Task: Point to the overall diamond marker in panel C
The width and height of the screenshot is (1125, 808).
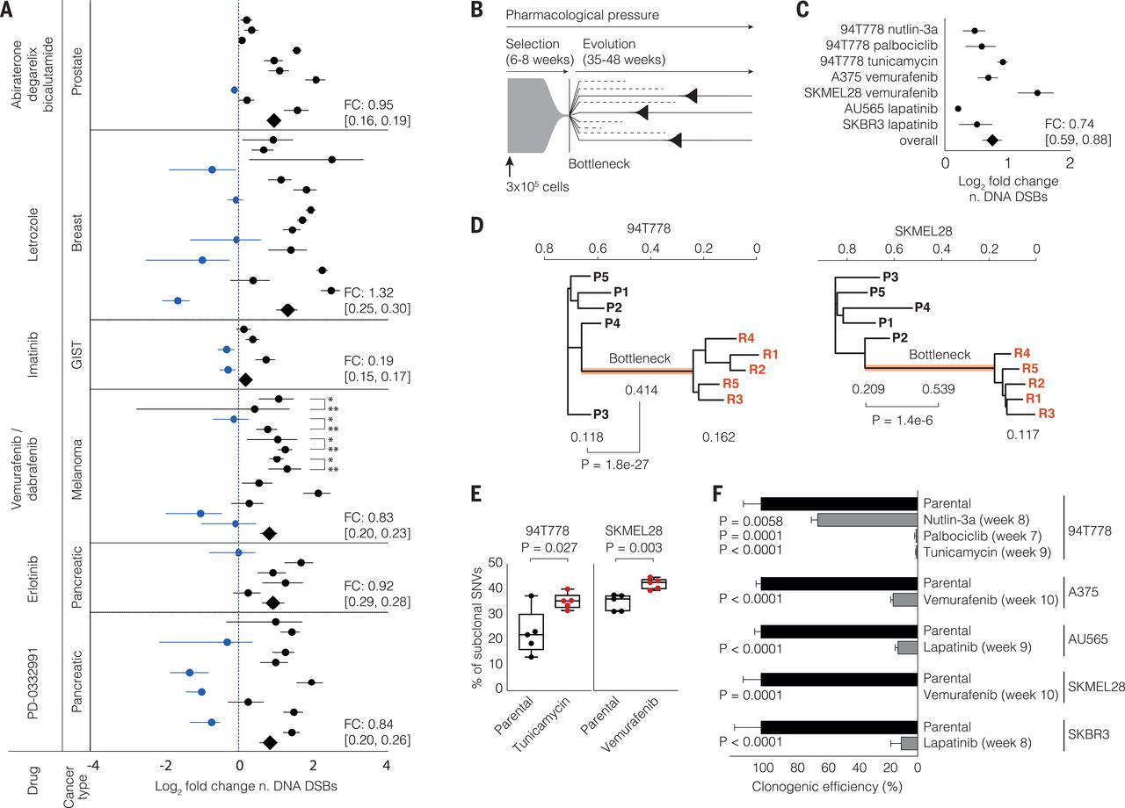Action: tap(992, 140)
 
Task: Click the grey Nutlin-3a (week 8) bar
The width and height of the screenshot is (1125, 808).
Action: tap(867, 520)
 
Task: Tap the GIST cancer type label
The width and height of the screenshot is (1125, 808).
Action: tap(77, 355)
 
